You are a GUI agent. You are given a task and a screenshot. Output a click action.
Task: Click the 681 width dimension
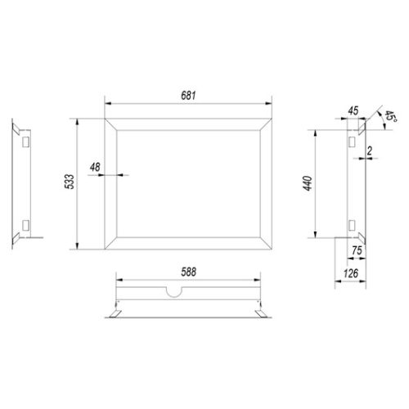click(188, 96)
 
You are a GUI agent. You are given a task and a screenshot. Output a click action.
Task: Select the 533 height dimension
click(70, 182)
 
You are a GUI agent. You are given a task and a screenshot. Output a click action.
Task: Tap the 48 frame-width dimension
click(95, 167)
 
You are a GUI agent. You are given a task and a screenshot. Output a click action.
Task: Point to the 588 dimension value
click(188, 272)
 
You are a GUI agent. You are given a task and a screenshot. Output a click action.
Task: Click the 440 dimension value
click(308, 183)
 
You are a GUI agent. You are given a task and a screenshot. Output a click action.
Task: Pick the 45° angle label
click(390, 116)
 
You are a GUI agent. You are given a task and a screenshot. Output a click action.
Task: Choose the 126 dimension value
click(351, 273)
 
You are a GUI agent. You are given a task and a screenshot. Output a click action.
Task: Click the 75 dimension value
click(357, 250)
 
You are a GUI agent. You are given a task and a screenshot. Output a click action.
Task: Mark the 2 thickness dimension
click(370, 151)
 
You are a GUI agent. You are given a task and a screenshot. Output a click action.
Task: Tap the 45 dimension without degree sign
click(353, 110)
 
